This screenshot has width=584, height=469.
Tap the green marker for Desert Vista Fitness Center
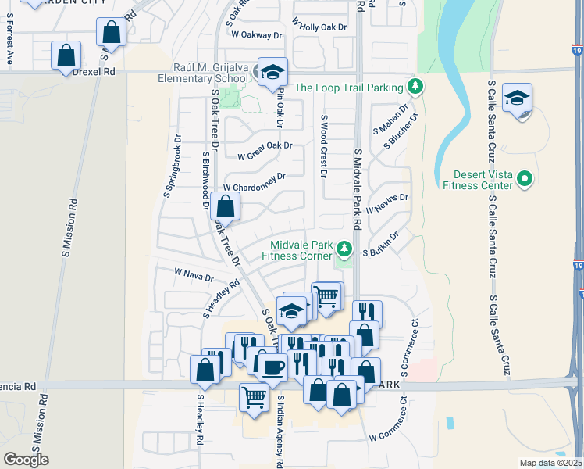525,180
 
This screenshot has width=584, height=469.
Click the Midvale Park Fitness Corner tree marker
344,250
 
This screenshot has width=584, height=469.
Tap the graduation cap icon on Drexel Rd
272,72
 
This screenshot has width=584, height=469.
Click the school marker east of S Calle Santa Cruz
517,98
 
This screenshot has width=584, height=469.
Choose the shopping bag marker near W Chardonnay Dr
225,207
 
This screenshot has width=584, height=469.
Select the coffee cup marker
272,366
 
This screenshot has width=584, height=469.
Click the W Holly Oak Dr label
319,27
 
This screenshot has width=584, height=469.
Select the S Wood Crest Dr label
323,146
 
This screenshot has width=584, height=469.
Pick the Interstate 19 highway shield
579,268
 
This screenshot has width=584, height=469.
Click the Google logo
26,459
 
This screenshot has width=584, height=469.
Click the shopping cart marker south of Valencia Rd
255,398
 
